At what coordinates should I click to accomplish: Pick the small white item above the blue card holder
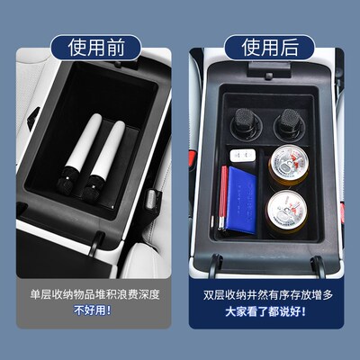point(238,156)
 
